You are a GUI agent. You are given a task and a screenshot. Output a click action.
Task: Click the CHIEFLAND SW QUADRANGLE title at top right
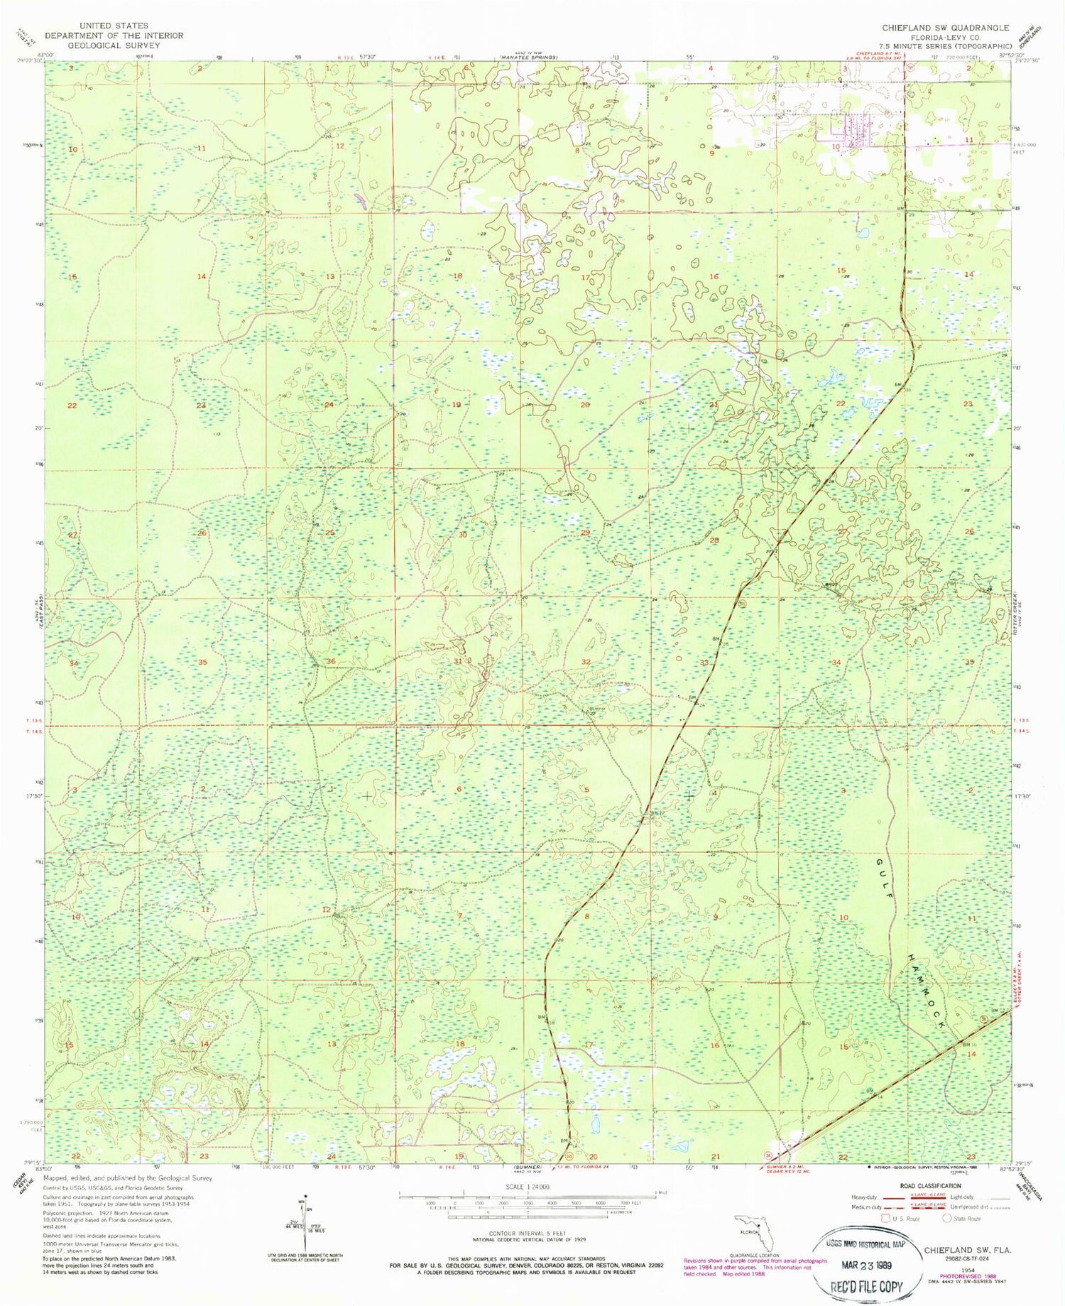(x=945, y=28)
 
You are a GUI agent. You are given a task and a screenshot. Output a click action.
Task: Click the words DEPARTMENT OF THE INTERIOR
(x=114, y=36)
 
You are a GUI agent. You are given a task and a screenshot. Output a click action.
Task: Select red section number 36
(x=330, y=661)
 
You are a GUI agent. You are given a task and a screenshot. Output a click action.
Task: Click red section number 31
(x=458, y=661)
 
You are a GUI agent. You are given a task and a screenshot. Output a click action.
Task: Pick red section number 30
(x=462, y=535)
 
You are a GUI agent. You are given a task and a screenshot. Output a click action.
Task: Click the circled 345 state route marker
(x=741, y=604)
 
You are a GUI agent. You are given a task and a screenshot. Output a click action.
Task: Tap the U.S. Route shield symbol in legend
(x=885, y=1219)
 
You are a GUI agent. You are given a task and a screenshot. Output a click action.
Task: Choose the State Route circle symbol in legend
(x=946, y=1219)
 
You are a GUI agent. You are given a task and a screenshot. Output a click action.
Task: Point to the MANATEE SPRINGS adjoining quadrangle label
(x=526, y=57)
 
